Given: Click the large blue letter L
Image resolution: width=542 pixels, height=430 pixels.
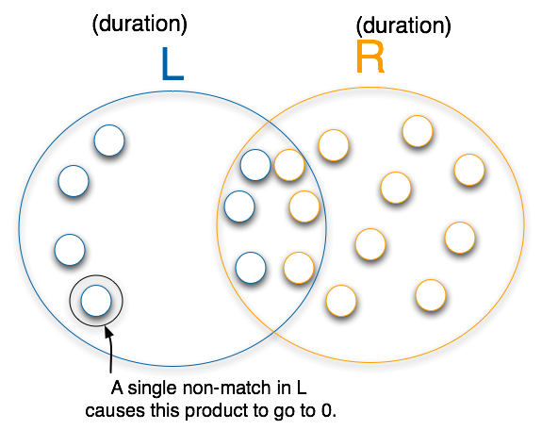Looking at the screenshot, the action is point(172,64).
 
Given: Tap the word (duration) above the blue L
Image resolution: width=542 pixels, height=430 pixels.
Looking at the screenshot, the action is point(140,25).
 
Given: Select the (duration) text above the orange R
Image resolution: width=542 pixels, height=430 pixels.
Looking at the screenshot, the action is point(403,26).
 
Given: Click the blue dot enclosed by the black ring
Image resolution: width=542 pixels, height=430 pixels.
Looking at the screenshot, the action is point(96,301).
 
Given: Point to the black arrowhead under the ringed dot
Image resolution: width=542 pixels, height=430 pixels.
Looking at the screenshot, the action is point(108,331).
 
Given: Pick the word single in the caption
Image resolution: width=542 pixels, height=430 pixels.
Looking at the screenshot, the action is point(153,389).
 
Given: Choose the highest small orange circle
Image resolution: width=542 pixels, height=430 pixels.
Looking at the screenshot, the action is point(418,131).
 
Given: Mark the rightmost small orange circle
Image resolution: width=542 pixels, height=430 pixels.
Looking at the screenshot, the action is point(469,170).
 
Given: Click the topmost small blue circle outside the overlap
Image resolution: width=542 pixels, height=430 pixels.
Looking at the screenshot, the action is point(109,141).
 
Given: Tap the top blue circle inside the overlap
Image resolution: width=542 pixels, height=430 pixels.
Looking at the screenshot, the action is point(255,165).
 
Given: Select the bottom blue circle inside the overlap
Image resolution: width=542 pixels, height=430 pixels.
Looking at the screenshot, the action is point(251,268).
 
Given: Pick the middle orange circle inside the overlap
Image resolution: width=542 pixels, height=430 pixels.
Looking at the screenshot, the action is point(304,207).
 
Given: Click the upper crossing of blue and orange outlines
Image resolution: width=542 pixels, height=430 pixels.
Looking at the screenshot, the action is point(269,122).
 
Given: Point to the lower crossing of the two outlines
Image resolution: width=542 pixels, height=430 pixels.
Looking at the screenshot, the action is point(273,331).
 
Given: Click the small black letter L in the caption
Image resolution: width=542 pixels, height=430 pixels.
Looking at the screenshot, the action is point(302,388).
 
